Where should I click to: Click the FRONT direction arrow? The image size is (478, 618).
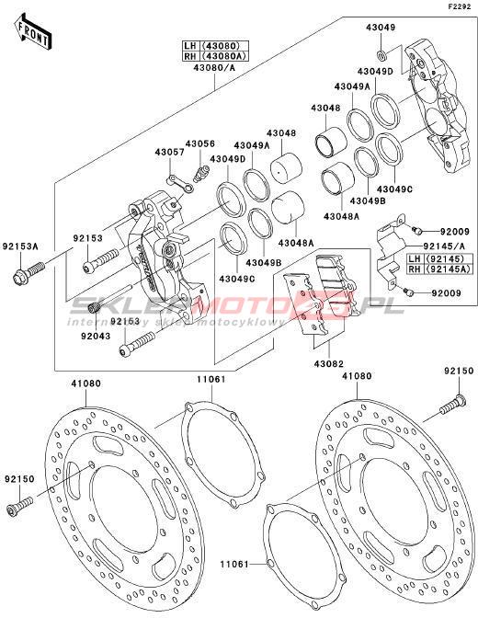pos(33,32)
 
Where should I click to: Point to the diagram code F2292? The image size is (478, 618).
pos(459,6)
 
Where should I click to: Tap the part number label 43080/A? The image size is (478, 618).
pos(214,68)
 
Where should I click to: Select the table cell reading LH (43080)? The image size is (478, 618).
pos(216,46)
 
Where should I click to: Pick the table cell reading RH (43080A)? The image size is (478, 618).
pos(216,56)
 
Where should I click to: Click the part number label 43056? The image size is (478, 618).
pos(200,143)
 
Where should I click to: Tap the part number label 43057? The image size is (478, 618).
pos(169,152)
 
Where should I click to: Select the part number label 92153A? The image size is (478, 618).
pos(20,246)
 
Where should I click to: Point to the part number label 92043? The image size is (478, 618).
pos(96,337)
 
